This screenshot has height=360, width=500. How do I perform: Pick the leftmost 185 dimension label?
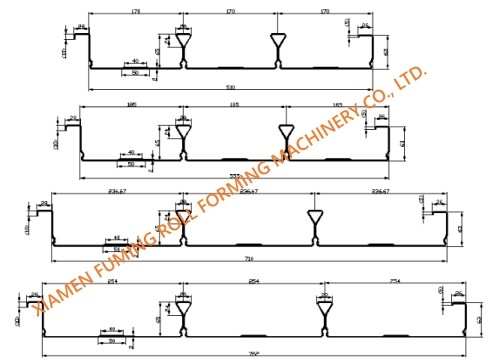click(131, 102)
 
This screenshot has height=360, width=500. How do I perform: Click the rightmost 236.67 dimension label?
click(381, 189)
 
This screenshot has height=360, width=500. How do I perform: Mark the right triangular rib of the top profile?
click(279, 44)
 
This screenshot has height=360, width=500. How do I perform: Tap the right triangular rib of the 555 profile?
click(287, 134)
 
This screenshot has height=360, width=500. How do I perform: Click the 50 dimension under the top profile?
click(135, 72)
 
